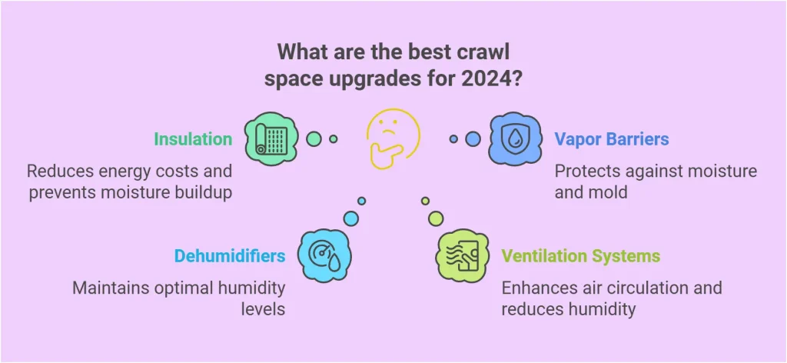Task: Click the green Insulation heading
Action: point(193,139)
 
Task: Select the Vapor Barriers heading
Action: point(611,139)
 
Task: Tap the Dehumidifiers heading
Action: point(230,256)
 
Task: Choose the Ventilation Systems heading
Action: point(581,256)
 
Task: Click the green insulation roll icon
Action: point(271,138)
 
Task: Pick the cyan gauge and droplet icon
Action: point(325,255)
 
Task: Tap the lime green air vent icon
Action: point(462,255)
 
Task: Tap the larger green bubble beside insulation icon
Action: point(314,138)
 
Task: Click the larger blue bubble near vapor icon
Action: point(473,138)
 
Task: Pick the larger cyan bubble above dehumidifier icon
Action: point(351,218)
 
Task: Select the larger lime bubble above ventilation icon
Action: point(436,218)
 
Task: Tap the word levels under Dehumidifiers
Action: point(263,308)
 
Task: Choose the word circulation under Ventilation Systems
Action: point(639,288)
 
